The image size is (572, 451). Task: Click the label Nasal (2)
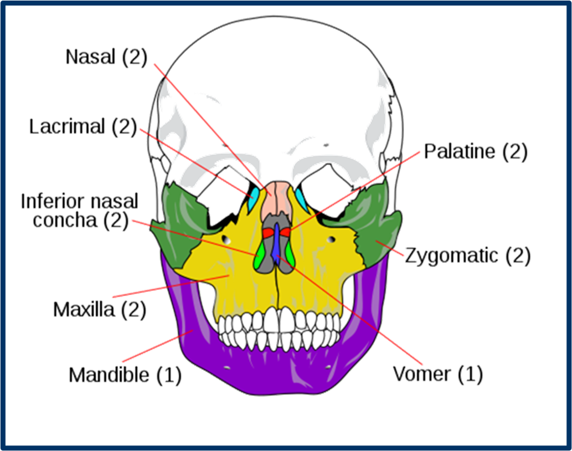coord(106,57)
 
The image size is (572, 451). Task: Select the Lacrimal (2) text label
coord(83,127)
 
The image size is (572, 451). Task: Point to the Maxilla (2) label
coord(100,309)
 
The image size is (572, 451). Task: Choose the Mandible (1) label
coord(125,375)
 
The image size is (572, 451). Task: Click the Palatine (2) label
coord(476,152)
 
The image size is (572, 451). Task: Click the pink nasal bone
coord(277,201)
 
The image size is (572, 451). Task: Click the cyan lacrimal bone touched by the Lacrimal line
coord(254,199)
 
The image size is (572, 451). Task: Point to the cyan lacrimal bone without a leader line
coord(301,198)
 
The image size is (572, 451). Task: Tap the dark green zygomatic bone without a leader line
coord(180,222)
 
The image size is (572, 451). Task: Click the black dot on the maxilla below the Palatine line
coord(331,239)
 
